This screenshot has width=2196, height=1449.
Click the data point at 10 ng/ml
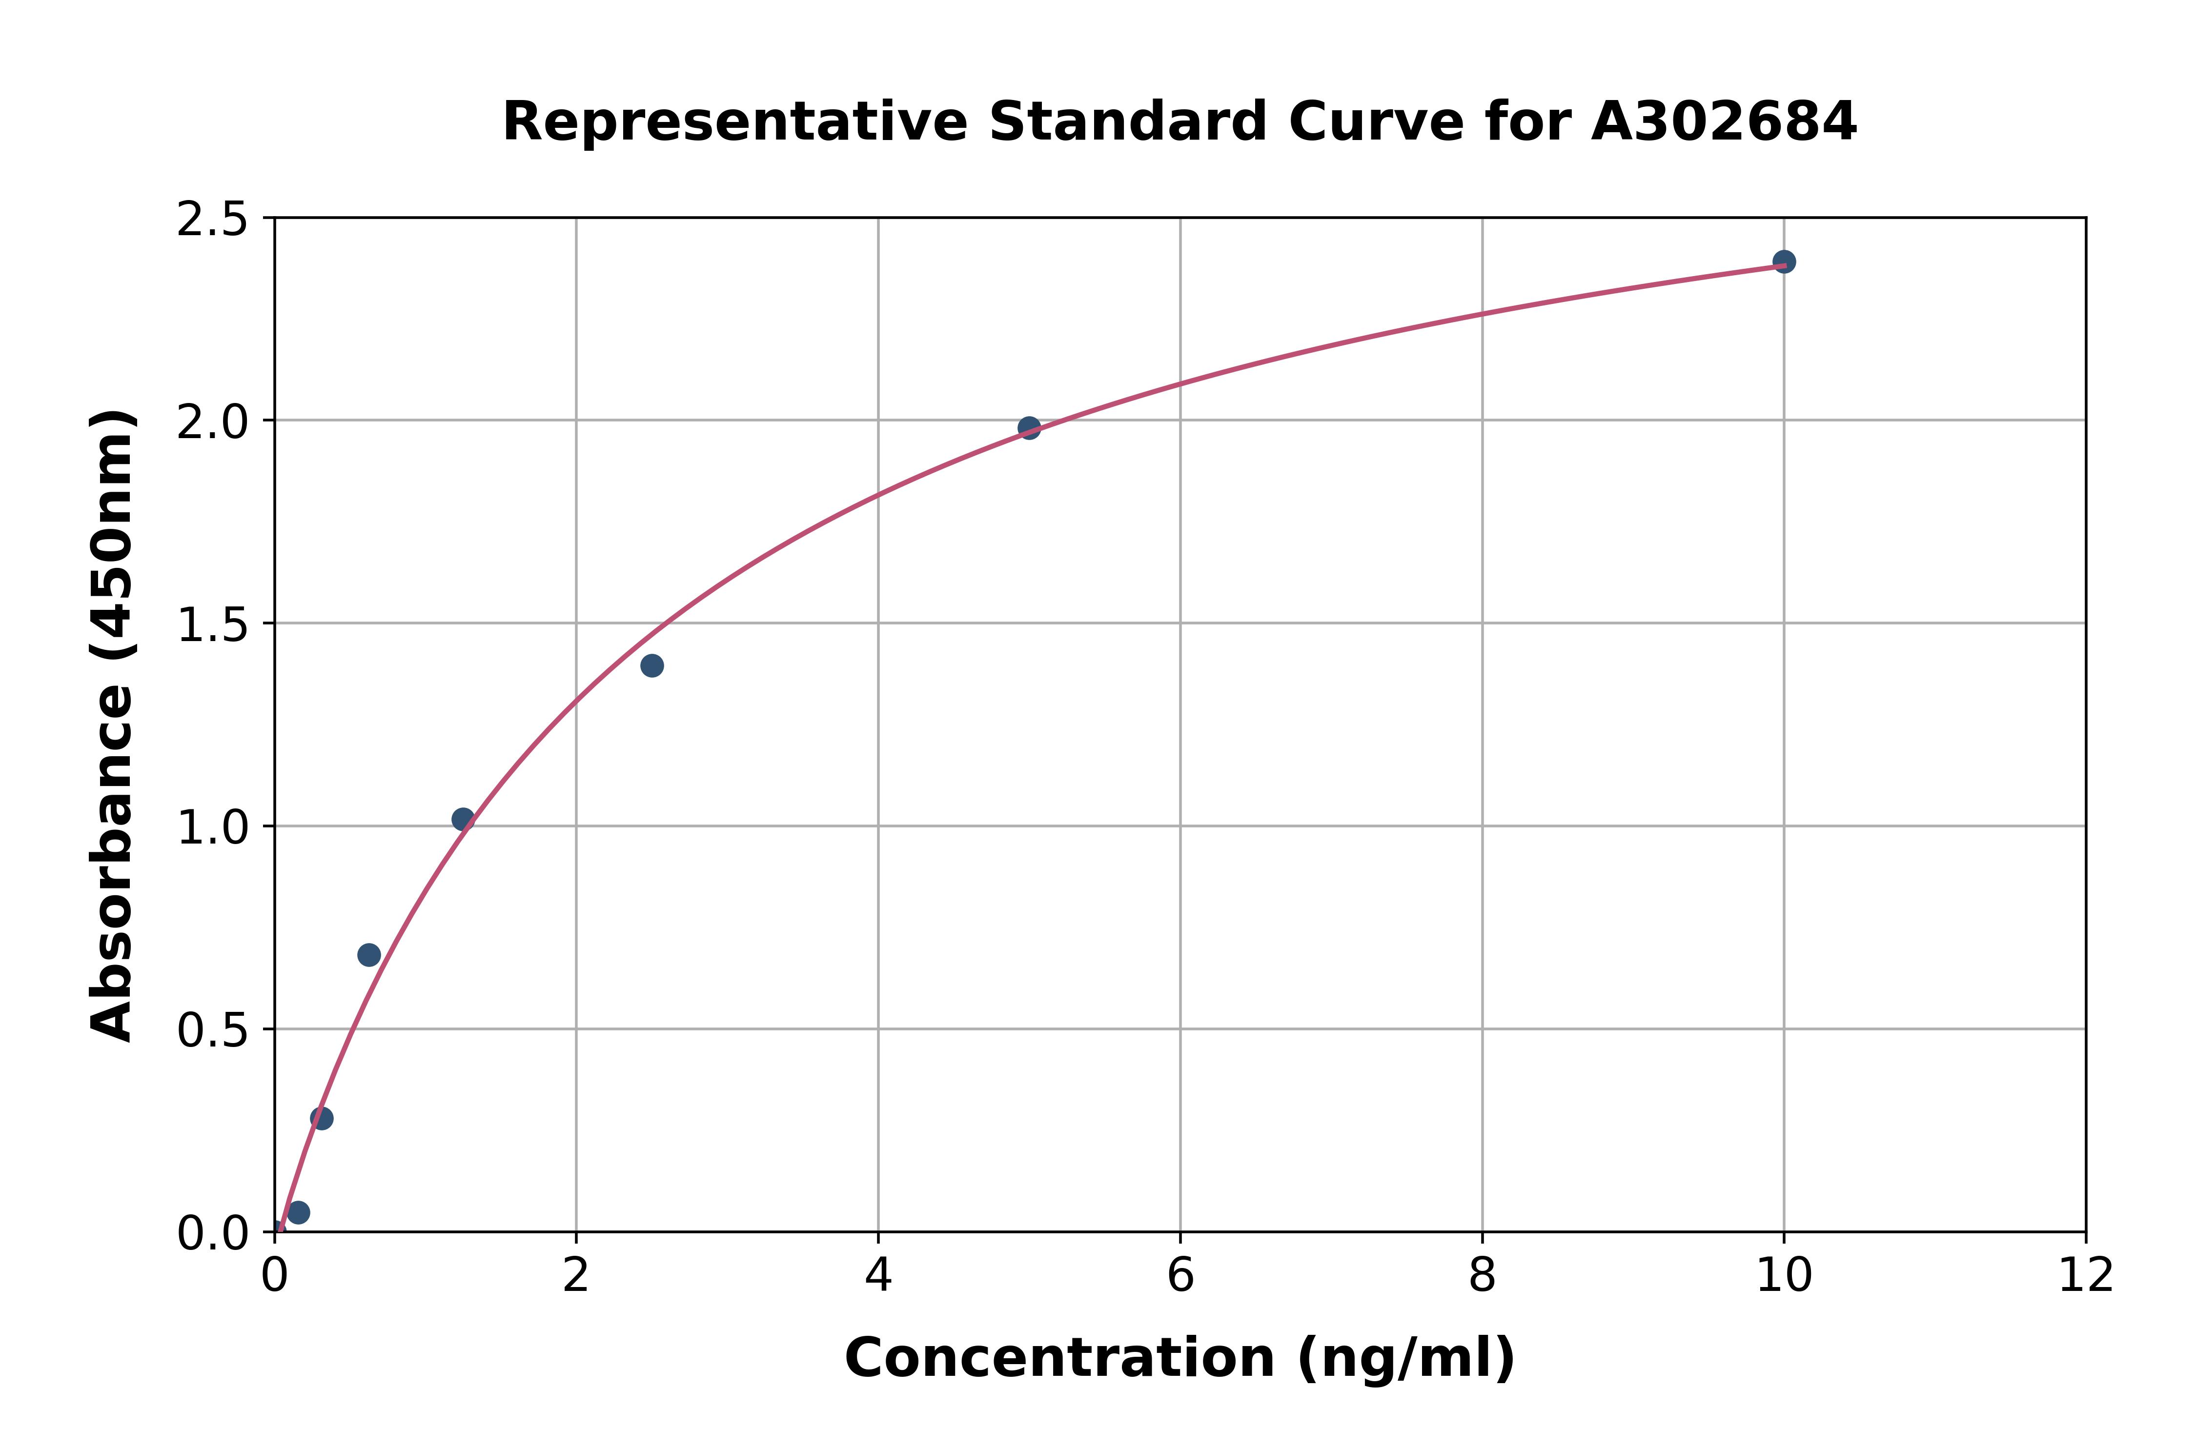1784,262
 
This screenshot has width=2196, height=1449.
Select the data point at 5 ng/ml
1029,428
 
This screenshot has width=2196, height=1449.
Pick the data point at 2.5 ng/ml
651,665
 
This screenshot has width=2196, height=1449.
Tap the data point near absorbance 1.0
463,819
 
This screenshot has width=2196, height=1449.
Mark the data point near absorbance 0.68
369,955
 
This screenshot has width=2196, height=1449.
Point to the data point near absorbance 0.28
322,1118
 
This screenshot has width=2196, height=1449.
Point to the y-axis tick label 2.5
213,220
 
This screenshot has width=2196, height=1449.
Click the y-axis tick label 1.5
213,624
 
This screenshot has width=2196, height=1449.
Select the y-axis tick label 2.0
213,423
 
